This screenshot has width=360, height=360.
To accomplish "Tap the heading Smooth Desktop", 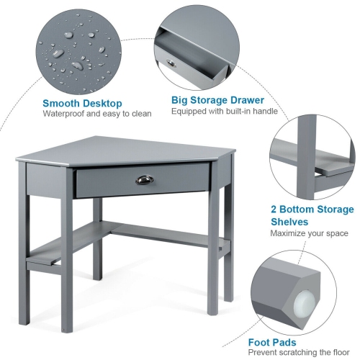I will click(x=81, y=104).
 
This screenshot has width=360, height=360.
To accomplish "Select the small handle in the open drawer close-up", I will click(x=170, y=63).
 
